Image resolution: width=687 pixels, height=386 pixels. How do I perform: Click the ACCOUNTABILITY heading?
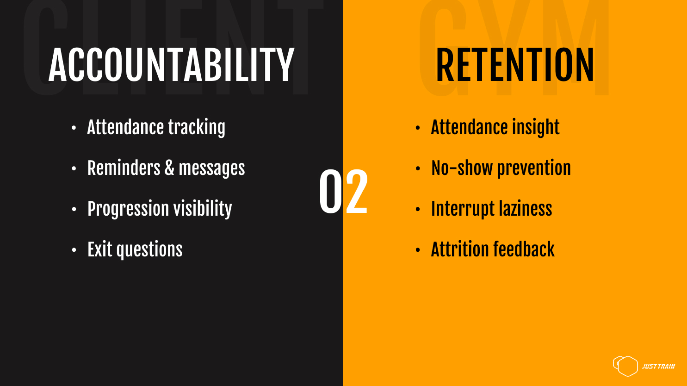click(x=171, y=65)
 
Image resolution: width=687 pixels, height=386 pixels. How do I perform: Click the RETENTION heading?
click(x=515, y=65)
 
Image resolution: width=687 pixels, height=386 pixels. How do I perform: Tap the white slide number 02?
click(x=343, y=192)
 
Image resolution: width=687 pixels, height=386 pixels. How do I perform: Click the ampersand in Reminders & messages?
click(x=169, y=168)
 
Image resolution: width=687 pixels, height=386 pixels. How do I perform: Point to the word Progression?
click(x=128, y=209)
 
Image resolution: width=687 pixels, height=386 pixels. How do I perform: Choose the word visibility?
click(x=203, y=209)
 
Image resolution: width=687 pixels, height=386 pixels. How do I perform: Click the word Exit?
click(x=99, y=249)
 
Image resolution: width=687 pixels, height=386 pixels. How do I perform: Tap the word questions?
click(x=149, y=250)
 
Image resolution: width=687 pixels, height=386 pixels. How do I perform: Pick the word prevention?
click(x=534, y=168)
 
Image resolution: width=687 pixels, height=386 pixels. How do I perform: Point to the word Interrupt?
click(x=463, y=209)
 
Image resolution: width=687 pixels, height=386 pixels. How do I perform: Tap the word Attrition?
click(x=460, y=249)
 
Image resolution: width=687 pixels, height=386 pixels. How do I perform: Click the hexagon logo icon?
click(x=625, y=366)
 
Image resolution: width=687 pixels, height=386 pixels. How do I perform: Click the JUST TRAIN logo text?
click(x=658, y=367)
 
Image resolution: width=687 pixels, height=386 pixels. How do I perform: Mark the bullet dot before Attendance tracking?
click(x=74, y=128)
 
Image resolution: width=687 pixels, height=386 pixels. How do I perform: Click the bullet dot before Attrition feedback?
click(x=417, y=250)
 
